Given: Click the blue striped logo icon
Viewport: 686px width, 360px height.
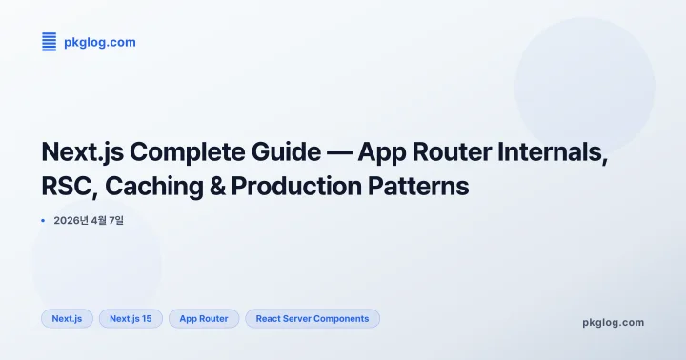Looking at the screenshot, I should tap(50, 42).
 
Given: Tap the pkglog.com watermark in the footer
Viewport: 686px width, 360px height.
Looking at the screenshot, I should tap(613, 322).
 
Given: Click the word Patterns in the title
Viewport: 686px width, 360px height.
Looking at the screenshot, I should tap(425, 186).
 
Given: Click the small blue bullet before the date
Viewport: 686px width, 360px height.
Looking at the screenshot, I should tap(44, 221).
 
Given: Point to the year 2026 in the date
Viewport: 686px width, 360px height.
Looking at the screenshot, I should tap(70, 221).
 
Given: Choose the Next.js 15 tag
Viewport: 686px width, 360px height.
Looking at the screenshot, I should tap(131, 319).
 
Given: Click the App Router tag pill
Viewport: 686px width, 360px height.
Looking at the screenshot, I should tap(204, 319).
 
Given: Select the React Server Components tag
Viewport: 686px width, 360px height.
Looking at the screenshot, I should tap(313, 319).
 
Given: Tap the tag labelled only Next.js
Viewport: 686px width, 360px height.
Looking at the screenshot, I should tap(67, 319).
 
